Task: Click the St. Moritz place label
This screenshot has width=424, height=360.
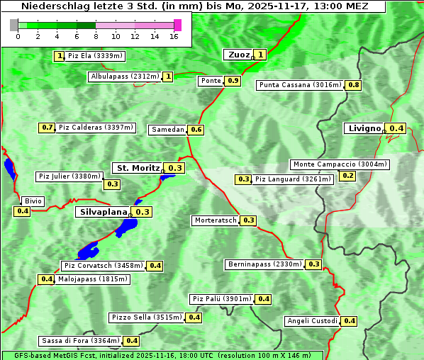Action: [x=138, y=168]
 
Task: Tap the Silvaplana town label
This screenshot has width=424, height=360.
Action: [x=103, y=212]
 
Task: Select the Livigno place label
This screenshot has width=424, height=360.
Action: [x=364, y=128]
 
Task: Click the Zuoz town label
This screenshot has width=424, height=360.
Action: [x=238, y=55]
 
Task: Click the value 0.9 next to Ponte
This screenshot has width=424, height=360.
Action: [x=233, y=81]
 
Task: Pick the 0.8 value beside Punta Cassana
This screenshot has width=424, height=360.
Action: [x=354, y=85]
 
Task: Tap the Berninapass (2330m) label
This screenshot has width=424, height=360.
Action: [x=264, y=264]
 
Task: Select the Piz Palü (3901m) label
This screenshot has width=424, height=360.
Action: [x=221, y=299]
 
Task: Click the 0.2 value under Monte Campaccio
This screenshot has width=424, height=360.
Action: [x=348, y=176]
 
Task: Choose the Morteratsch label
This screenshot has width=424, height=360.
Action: [x=215, y=220]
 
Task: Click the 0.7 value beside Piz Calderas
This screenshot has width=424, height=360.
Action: [x=48, y=128]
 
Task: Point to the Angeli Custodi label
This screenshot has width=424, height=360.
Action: [x=312, y=321]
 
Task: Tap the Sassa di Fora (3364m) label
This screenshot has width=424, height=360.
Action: [x=79, y=341]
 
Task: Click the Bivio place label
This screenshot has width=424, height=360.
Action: [x=33, y=201]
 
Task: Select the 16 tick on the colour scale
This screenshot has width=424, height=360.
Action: [x=174, y=35]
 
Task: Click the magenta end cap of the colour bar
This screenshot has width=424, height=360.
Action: [x=177, y=25]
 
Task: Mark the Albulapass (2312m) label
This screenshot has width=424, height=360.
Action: [x=124, y=77]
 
